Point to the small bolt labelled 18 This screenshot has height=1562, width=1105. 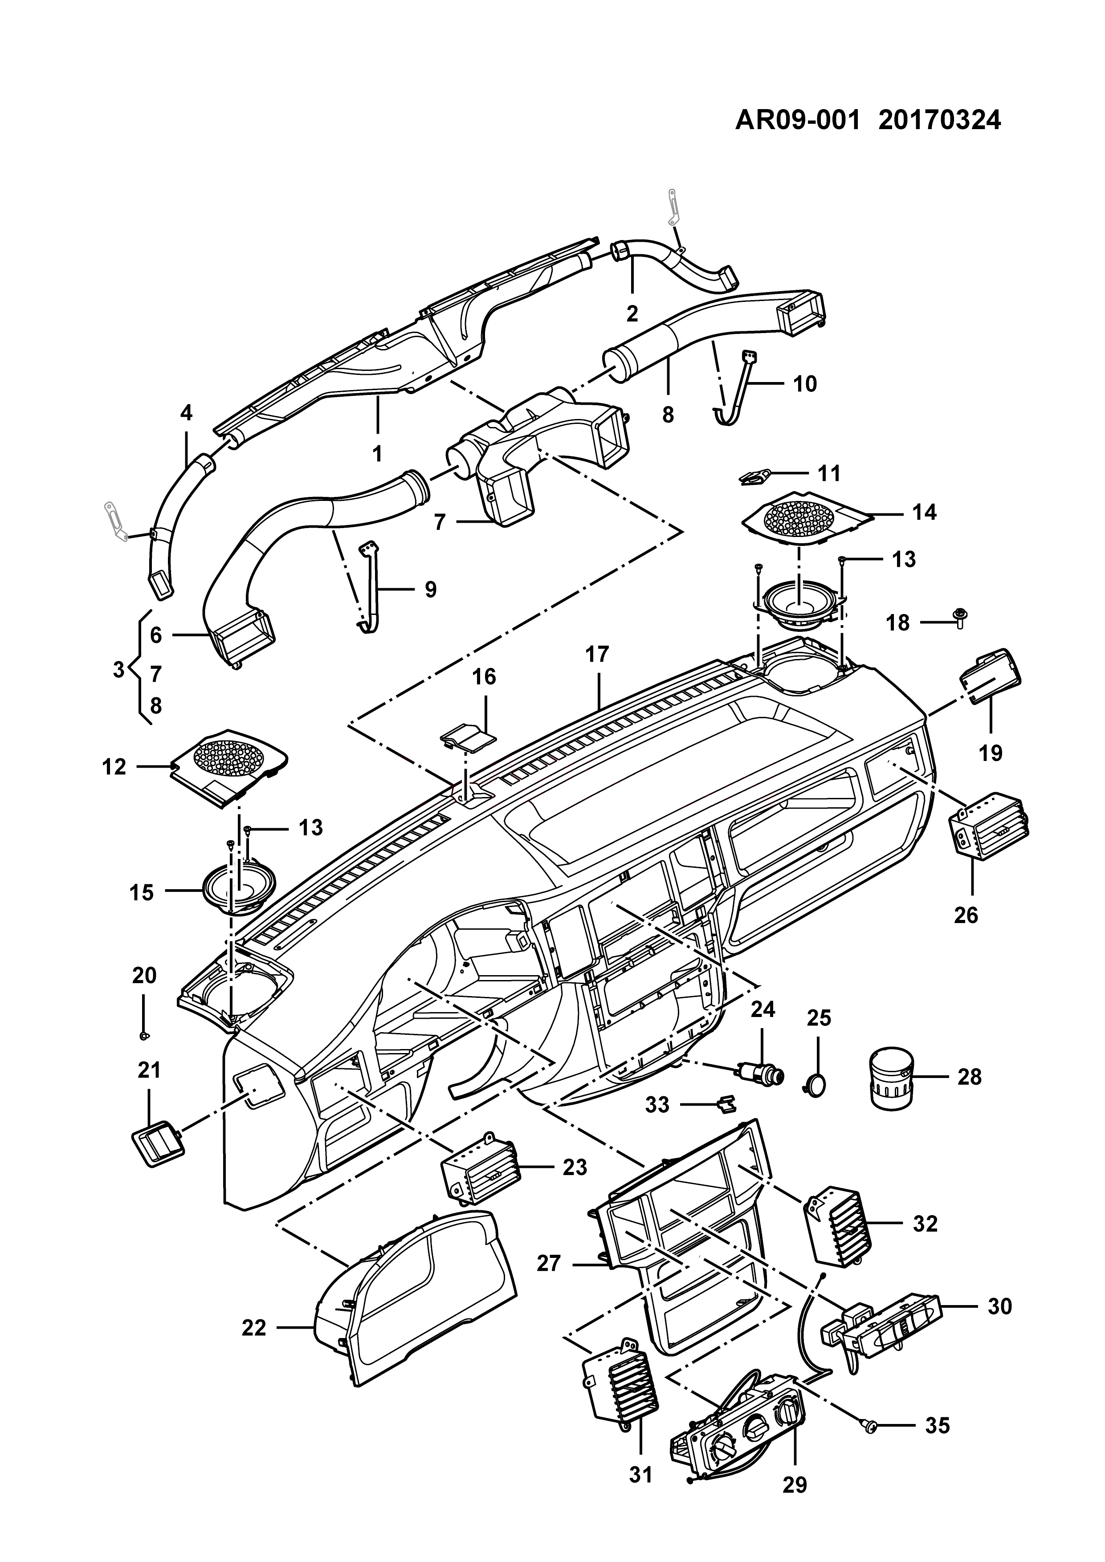(961, 617)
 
